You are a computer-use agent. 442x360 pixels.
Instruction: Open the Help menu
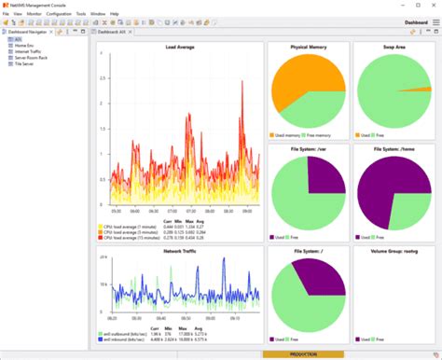click(115, 14)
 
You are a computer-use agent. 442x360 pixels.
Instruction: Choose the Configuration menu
click(59, 14)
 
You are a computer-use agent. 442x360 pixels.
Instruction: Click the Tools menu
click(80, 14)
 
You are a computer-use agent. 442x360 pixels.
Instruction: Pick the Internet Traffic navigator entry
click(26, 51)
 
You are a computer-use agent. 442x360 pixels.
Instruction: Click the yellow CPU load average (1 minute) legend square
click(100, 226)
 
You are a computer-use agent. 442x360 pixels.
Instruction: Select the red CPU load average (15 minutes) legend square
click(100, 237)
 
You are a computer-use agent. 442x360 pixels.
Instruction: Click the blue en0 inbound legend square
click(100, 339)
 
